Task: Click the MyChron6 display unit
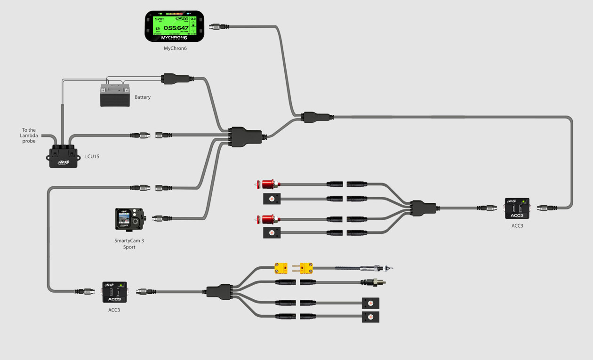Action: tap(174, 26)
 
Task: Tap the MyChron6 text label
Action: tap(175, 48)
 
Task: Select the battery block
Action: tap(115, 96)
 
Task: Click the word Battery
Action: tap(143, 97)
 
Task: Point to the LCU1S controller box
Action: tap(63, 157)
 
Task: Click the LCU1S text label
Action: tap(92, 157)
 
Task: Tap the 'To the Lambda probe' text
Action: tap(29, 136)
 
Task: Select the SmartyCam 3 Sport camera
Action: tap(129, 219)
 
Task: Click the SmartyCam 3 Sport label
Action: tap(129, 244)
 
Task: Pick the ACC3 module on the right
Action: tap(517, 208)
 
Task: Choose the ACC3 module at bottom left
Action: tap(114, 292)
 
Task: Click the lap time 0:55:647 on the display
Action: tap(176, 28)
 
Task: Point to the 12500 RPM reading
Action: tap(181, 19)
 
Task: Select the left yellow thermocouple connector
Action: tap(281, 269)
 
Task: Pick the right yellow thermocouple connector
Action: tap(306, 269)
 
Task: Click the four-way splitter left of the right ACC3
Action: tap(423, 208)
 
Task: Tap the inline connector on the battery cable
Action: tap(176, 79)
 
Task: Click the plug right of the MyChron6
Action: tap(218, 27)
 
